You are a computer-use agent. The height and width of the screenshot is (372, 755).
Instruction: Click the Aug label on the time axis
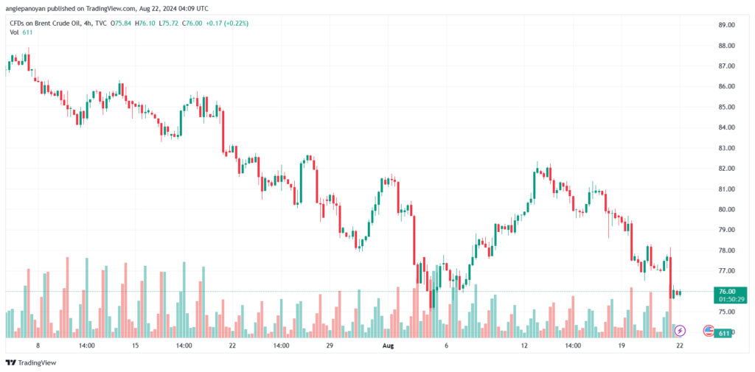pyautogui.click(x=389, y=345)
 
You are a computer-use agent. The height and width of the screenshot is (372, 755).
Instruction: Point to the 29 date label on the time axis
pyautogui.click(x=330, y=345)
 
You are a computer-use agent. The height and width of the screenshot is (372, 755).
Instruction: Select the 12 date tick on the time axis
pyautogui.click(x=524, y=345)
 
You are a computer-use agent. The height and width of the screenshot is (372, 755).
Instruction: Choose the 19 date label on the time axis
pyautogui.click(x=622, y=345)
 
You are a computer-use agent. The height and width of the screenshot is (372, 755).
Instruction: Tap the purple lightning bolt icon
pyautogui.click(x=681, y=331)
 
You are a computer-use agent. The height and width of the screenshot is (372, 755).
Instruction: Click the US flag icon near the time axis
pyautogui.click(x=708, y=331)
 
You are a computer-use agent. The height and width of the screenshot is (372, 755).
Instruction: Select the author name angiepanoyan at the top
pyautogui.click(x=29, y=8)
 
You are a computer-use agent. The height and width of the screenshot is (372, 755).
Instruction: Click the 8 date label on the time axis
pyautogui.click(x=38, y=345)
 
